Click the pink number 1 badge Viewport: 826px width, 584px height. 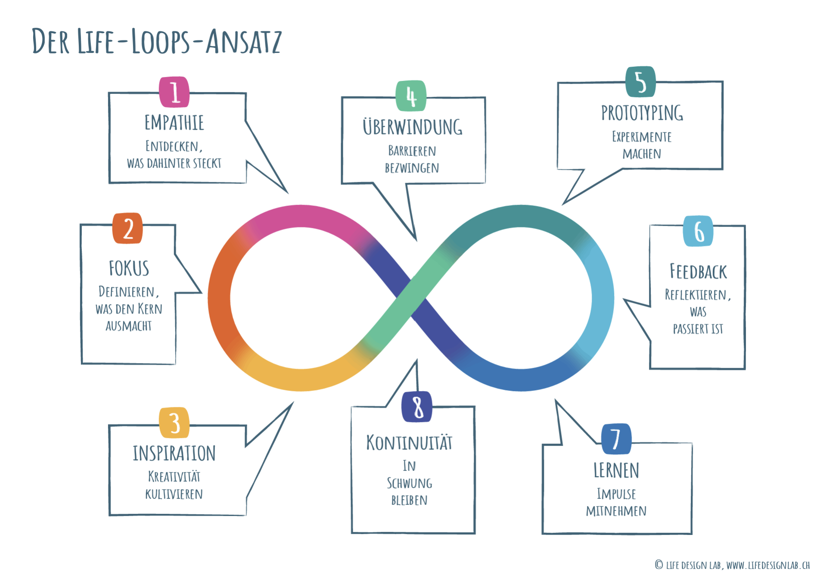click(x=174, y=92)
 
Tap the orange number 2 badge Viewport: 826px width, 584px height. click(x=128, y=228)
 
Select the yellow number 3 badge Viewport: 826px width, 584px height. click(x=174, y=422)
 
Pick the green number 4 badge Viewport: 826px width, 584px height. click(x=411, y=96)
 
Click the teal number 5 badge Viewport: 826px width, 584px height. click(x=641, y=82)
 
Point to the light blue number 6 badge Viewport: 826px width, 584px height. click(x=698, y=231)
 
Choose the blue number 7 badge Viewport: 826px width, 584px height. click(x=616, y=439)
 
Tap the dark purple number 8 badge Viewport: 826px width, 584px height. click(x=417, y=407)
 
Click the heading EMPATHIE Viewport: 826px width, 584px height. click(x=174, y=123)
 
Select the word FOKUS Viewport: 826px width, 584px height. click(x=129, y=268)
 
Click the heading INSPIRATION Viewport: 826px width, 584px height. click(x=174, y=454)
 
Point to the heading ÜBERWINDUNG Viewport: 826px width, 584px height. click(x=413, y=127)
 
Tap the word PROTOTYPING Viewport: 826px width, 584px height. click(x=642, y=113)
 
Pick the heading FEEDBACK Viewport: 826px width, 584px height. click(x=698, y=272)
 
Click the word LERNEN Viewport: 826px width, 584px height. click(x=616, y=470)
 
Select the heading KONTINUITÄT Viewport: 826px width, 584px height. click(x=409, y=443)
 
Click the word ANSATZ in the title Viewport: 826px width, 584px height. click(x=244, y=42)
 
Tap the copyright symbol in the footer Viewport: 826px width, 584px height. click(x=659, y=565)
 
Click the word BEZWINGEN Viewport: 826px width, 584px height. click(x=412, y=168)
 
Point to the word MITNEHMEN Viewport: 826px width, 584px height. click(x=616, y=511)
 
